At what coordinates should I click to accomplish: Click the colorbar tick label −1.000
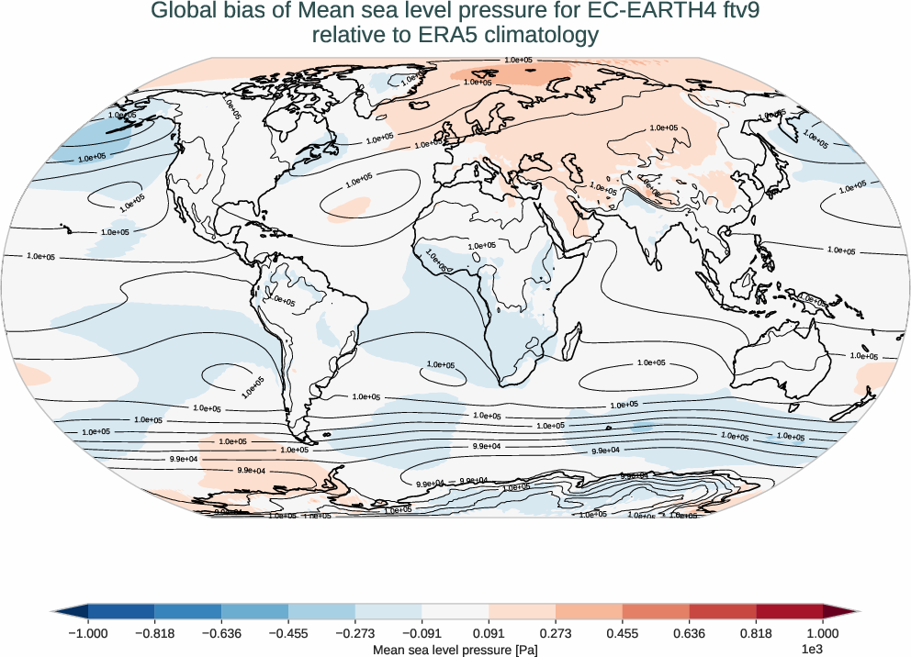click(x=88, y=633)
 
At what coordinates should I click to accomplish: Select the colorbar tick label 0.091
click(x=489, y=633)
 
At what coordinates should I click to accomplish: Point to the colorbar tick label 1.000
click(x=823, y=633)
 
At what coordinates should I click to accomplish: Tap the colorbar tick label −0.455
click(x=288, y=633)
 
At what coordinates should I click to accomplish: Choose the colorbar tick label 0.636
click(x=690, y=633)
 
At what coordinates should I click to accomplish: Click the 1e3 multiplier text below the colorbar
click(x=811, y=649)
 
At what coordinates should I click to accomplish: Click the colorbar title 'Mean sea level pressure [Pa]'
click(x=455, y=649)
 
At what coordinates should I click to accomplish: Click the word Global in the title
click(x=181, y=12)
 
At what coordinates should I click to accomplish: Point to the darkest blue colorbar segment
click(x=121, y=611)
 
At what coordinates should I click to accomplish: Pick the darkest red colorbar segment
click(x=790, y=611)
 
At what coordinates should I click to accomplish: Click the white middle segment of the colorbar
click(x=455, y=611)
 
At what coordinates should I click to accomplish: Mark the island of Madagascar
click(x=569, y=340)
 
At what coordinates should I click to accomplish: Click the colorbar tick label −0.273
click(x=355, y=633)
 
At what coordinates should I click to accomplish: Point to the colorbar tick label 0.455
click(x=623, y=633)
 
